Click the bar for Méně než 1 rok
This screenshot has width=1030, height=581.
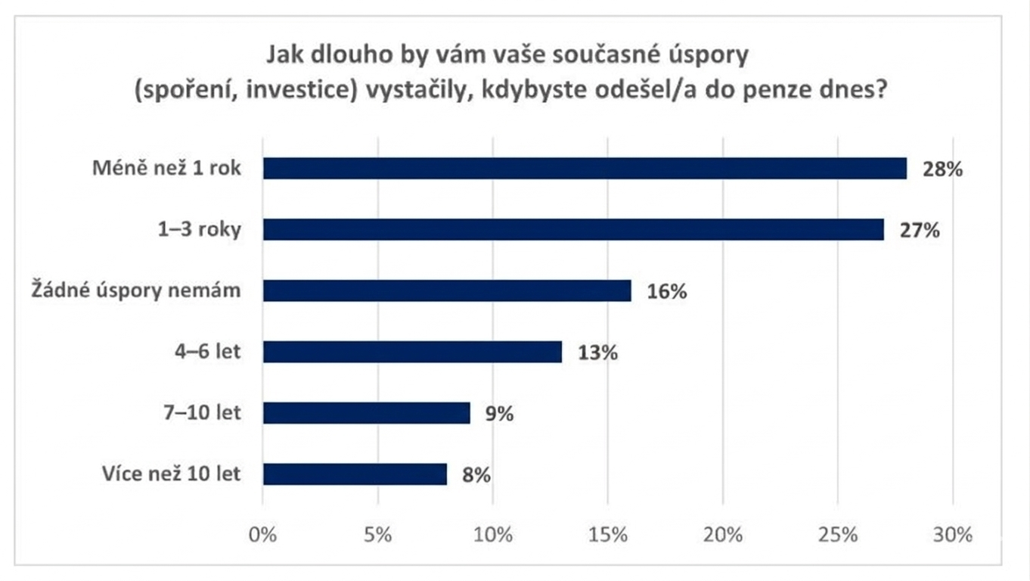point(585,169)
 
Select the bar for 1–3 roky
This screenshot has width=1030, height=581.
point(573,230)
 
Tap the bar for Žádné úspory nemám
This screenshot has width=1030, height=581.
point(447,290)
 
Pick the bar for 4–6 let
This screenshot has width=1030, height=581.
point(412,352)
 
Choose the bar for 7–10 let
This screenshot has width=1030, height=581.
point(367,413)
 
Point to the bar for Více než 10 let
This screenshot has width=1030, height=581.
point(355,474)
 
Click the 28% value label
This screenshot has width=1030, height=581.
point(942,169)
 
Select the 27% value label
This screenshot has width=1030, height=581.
point(920,230)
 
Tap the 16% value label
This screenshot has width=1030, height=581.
point(667,291)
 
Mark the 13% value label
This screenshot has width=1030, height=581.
point(598,353)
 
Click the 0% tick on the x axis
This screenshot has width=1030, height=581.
point(262,535)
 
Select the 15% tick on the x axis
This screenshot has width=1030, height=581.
point(608,535)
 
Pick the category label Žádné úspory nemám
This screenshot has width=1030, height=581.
point(135,290)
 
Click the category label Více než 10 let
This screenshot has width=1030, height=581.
point(171,474)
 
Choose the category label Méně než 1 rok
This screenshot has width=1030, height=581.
point(166,168)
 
